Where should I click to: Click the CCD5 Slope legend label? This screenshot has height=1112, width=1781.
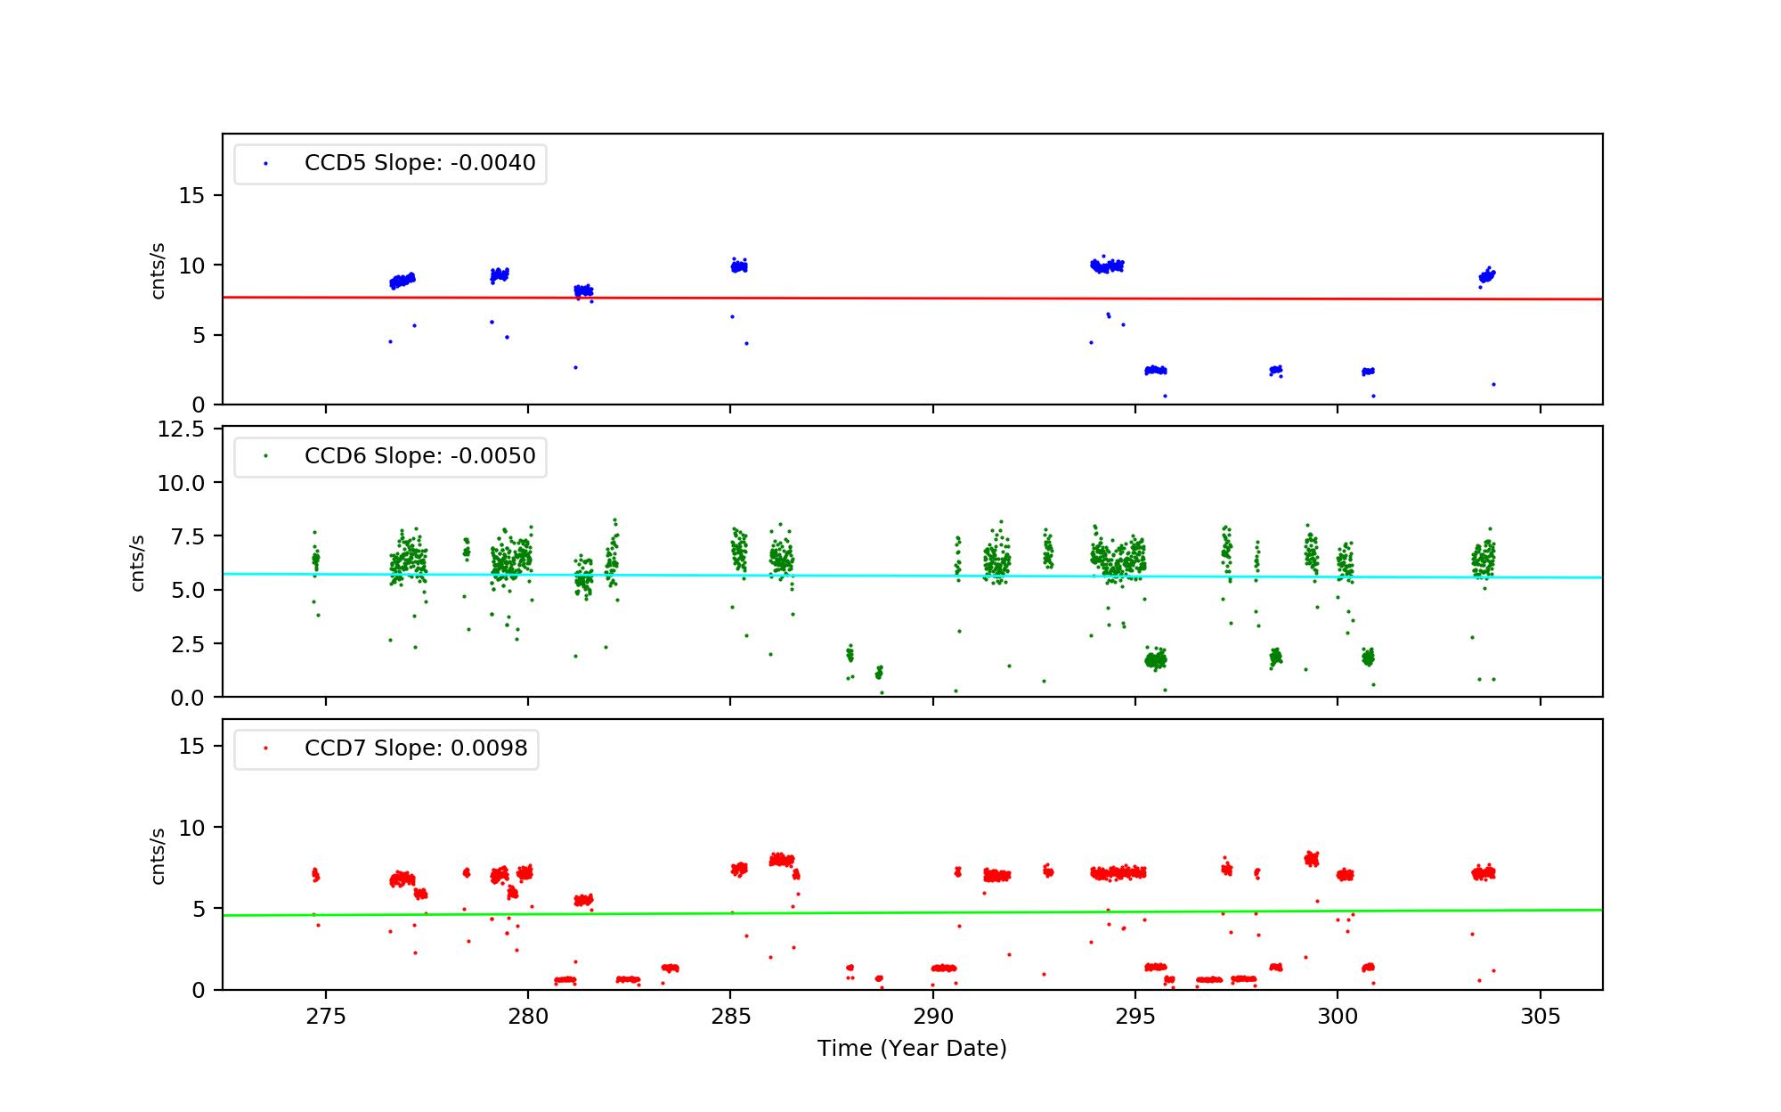point(419,163)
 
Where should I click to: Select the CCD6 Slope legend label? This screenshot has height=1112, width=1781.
point(419,456)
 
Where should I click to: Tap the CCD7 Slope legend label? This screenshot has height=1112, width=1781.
point(416,748)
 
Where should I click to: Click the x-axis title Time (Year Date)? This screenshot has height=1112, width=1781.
point(912,1049)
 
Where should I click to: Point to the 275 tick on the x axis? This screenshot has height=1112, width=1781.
point(326,1017)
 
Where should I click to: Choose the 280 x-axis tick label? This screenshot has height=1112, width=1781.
point(528,1017)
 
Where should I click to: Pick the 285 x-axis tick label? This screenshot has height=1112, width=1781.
point(730,1017)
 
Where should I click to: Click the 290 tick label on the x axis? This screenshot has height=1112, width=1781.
point(932,1017)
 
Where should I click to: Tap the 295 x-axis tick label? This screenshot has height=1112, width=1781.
point(1135,1017)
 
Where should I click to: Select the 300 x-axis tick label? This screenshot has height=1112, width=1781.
point(1338,1017)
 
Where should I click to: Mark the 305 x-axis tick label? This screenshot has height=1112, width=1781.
point(1541,1017)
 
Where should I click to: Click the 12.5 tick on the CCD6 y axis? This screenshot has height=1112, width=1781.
point(181,430)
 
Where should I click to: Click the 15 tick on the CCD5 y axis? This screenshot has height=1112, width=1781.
point(191,196)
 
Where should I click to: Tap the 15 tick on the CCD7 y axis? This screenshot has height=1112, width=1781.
point(191,747)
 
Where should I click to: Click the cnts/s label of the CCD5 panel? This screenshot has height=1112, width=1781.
point(158,271)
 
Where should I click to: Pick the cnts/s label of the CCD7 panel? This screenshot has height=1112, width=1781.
point(158,856)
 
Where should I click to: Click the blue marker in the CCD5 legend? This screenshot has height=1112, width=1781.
point(265,164)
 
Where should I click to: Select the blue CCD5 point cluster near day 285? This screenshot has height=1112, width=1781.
point(739,266)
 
